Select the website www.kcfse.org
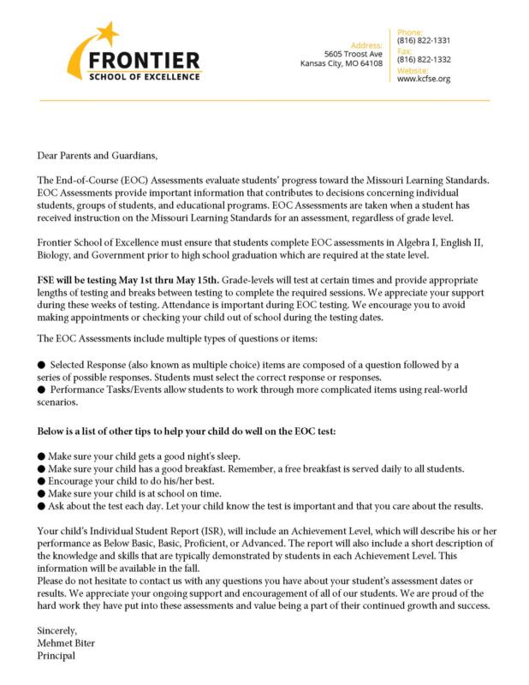419,79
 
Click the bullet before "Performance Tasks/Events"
41,390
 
